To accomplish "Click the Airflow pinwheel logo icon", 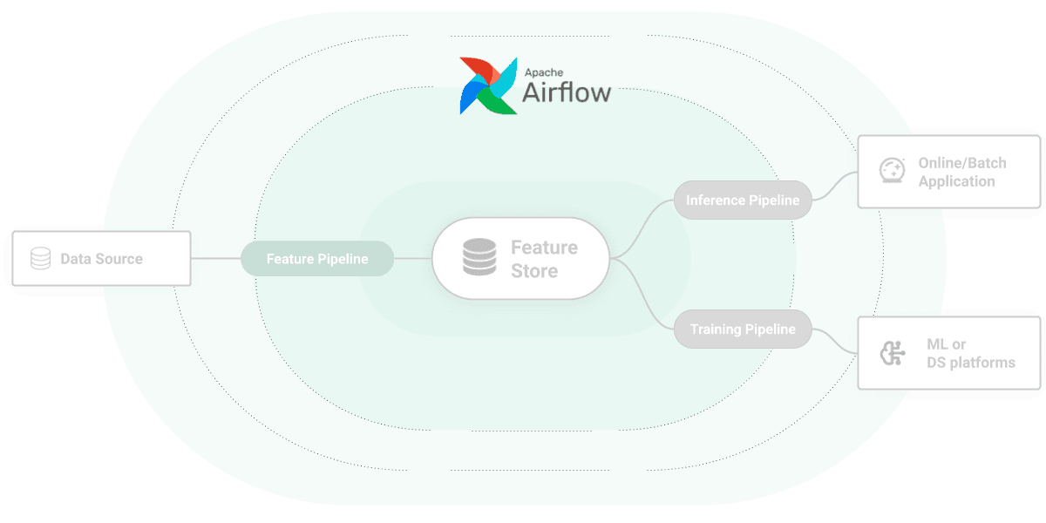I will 487,85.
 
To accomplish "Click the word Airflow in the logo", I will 567,92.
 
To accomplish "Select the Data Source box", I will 101,258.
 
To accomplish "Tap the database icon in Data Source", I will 40,259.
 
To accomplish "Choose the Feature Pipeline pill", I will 317,259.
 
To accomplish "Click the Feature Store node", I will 520,259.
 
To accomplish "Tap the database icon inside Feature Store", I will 477,259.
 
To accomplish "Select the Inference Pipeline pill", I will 743,200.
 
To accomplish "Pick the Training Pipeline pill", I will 743,329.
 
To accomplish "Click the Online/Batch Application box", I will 950,172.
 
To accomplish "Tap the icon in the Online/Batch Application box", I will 891,169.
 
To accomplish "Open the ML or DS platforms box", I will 950,353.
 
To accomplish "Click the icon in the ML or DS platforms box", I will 892,354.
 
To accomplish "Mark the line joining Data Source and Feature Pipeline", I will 215,259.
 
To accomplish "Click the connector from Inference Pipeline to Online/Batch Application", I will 835,186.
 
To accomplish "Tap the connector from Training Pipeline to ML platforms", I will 835,342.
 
